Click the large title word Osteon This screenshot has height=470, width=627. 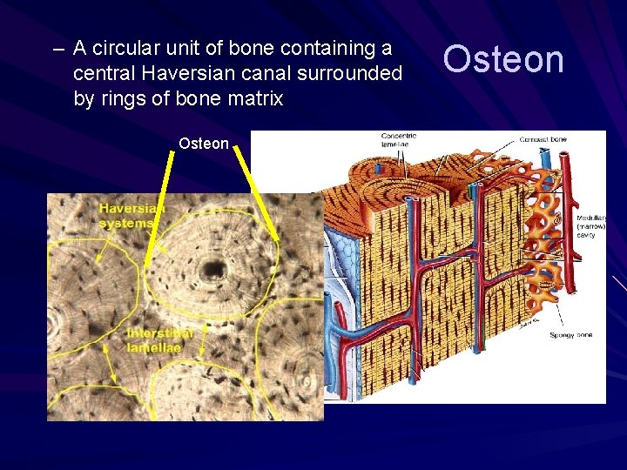pyautogui.click(x=503, y=59)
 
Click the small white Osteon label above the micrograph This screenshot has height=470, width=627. pyautogui.click(x=203, y=144)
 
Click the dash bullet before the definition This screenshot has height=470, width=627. pyautogui.click(x=58, y=48)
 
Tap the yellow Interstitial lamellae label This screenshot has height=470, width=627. pyautogui.click(x=160, y=340)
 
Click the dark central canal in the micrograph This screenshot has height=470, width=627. pyautogui.click(x=211, y=271)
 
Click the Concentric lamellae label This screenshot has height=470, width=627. pyautogui.click(x=399, y=140)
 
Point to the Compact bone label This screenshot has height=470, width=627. pyautogui.click(x=545, y=139)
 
